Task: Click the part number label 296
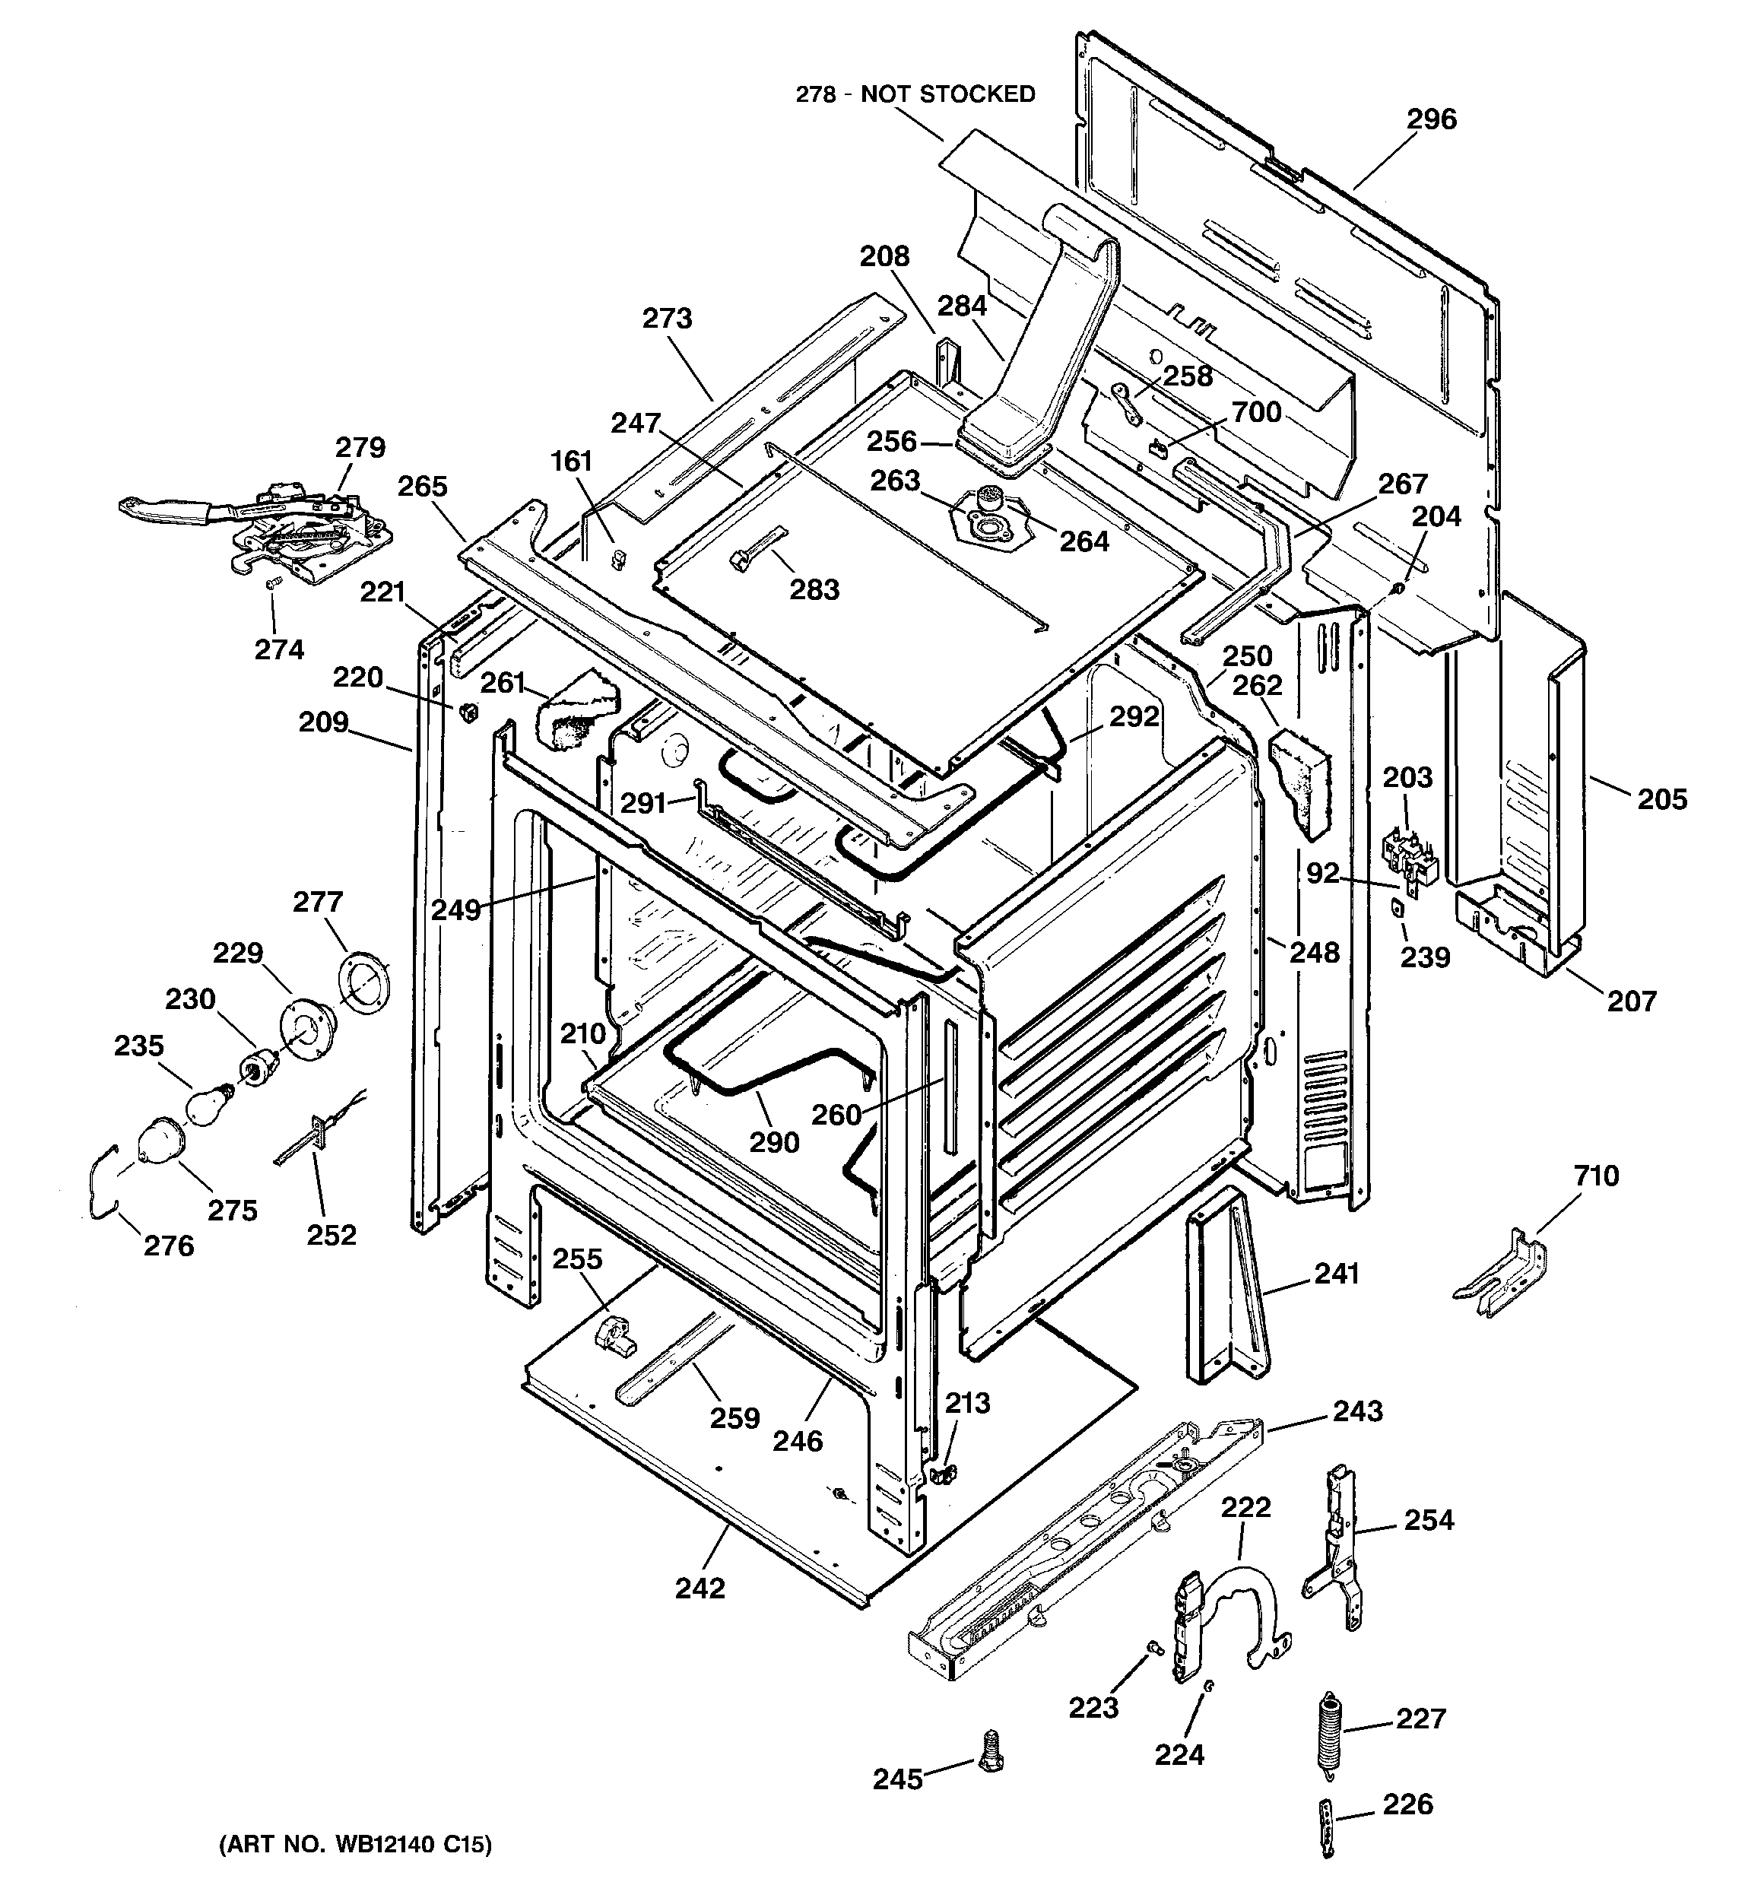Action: click(x=1431, y=120)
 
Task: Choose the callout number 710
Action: click(x=1597, y=1176)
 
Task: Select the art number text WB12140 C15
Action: click(x=355, y=1844)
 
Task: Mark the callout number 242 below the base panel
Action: click(x=700, y=1588)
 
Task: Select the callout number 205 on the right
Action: click(x=1663, y=799)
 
